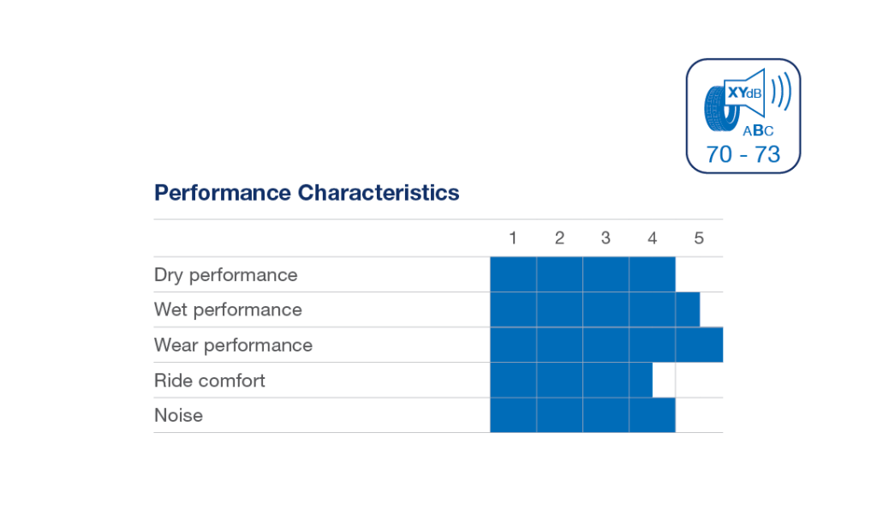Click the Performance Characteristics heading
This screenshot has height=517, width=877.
(x=306, y=192)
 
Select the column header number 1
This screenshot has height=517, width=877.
(x=513, y=238)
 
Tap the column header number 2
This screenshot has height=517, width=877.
(x=559, y=238)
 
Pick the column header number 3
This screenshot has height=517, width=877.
(x=606, y=238)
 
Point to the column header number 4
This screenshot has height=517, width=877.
(x=653, y=238)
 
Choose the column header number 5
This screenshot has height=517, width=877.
(x=699, y=238)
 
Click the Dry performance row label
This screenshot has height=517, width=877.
(x=226, y=275)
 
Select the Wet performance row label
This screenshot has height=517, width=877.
(x=228, y=310)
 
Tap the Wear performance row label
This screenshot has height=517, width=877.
(x=233, y=346)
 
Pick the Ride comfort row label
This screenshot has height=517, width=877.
(x=210, y=381)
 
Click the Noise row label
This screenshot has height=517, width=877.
(x=178, y=416)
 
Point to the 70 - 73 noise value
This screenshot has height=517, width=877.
(x=743, y=154)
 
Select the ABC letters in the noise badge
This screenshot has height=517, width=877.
(x=757, y=130)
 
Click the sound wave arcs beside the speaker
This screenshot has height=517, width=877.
(x=780, y=92)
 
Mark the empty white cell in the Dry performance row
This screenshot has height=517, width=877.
(x=700, y=274)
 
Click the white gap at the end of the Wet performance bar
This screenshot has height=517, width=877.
(x=712, y=310)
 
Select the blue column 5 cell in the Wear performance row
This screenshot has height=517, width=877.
(x=700, y=345)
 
